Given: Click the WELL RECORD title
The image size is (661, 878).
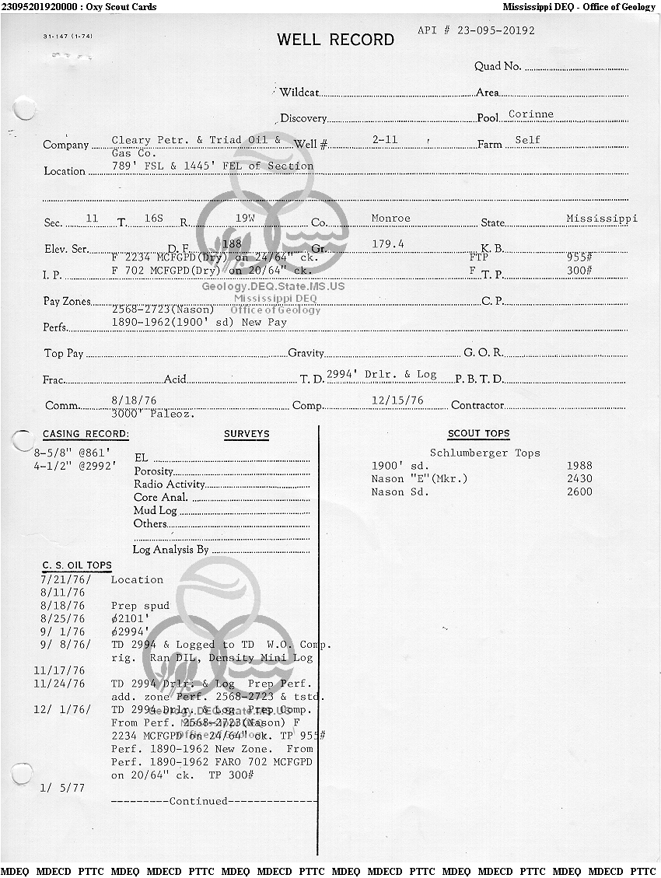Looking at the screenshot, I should pos(335,40).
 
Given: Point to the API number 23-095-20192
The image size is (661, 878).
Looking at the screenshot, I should pos(476,31).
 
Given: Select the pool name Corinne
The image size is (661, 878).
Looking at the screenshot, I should pos(531,114).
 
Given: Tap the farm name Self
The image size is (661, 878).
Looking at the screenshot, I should pos(527,141).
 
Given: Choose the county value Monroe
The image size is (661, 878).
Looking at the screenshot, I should pos(390,219).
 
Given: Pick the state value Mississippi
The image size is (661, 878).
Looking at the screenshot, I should pos(601,219).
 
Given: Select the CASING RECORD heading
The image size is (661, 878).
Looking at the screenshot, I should pos(86,434).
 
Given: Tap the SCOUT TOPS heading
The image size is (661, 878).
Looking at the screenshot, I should pos(478,434).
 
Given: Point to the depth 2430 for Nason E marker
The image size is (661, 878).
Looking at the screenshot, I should pos(579,479).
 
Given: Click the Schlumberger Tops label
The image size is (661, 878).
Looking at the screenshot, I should pos(484,453).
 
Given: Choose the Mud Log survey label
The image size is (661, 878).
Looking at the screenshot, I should pos(156,511).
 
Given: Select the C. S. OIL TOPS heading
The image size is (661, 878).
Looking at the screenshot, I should pos(77,565).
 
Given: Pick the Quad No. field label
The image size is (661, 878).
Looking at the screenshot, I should pos(498,67).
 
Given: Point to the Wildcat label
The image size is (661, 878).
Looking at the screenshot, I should pos(299,93).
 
